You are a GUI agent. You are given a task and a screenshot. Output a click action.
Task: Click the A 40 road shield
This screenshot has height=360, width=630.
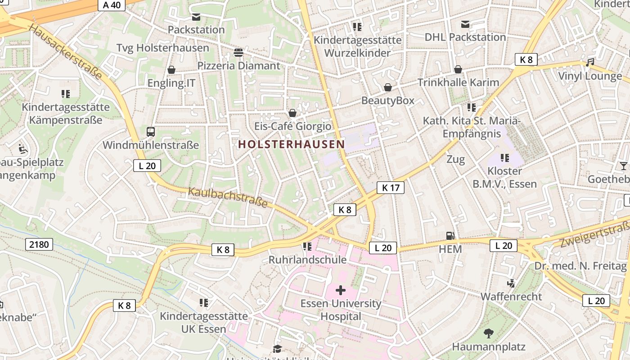[x=112, y=5]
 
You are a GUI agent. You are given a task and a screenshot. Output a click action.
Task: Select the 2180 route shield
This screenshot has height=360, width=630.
[x=39, y=245]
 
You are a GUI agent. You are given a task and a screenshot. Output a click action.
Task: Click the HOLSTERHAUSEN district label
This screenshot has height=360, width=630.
[x=291, y=144]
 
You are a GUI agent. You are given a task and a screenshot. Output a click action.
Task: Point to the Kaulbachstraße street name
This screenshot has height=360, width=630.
[x=228, y=198]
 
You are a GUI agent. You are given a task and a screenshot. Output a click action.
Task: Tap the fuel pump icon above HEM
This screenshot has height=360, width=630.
[x=450, y=236]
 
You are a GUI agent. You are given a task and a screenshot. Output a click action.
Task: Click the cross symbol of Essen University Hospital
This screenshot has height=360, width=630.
[x=341, y=290]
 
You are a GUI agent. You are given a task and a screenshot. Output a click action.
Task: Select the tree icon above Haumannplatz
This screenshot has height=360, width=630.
[x=488, y=333]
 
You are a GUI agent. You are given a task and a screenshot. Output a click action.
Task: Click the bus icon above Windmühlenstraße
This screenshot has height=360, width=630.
[x=151, y=132]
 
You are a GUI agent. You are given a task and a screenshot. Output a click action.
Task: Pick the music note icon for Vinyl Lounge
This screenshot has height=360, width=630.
[x=590, y=63]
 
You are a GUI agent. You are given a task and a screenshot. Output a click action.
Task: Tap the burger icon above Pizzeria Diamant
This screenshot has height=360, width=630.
[x=238, y=53]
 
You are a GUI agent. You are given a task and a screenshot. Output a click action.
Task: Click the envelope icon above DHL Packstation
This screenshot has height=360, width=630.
[x=465, y=24]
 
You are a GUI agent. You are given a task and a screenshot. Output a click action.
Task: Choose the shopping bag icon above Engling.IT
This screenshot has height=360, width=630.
[x=171, y=70]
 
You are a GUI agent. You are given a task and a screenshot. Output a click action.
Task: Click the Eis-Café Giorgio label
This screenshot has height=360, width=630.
[x=292, y=126]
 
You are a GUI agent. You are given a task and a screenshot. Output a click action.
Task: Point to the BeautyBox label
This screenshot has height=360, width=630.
[x=387, y=100]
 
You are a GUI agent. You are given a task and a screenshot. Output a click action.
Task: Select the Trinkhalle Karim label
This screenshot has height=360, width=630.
[x=458, y=82]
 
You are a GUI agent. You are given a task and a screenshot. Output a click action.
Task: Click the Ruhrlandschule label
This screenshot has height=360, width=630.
[x=307, y=260]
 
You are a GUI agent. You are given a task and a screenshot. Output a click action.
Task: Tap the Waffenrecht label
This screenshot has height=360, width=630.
[x=511, y=297]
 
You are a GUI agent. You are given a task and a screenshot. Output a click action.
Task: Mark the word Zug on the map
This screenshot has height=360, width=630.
[x=455, y=159]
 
